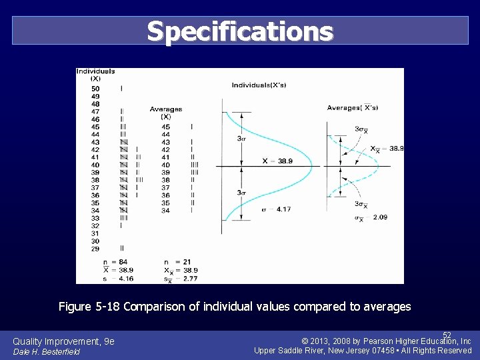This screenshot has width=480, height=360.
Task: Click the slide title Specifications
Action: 240,31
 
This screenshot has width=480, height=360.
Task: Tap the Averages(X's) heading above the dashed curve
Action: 352,107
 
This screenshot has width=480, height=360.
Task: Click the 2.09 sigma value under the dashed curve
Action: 379,217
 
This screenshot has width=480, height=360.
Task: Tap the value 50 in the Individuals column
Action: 95,89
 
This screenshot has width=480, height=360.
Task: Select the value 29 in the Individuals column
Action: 95,249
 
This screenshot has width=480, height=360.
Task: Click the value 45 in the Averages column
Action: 165,127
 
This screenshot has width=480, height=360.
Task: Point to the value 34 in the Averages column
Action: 165,211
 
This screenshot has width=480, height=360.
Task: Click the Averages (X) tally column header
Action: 165,113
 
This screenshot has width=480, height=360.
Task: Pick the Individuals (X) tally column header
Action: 95,75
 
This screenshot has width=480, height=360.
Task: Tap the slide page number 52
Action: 447,335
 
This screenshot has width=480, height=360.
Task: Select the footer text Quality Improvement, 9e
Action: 64,341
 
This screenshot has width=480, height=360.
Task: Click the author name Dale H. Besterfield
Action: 46,351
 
